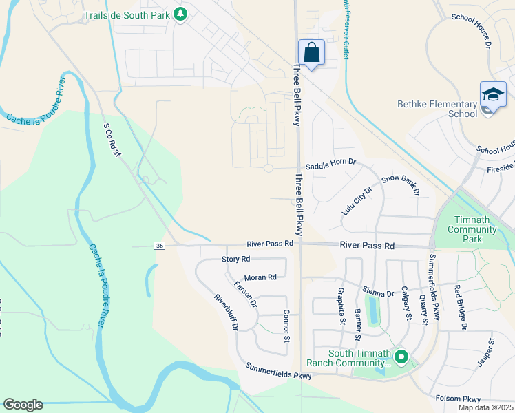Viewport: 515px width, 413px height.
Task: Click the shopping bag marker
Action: coord(312,52)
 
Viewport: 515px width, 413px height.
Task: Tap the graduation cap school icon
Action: coord(493,96)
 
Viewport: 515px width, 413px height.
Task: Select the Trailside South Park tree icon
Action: coord(180,14)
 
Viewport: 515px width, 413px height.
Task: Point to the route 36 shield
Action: coord(159,246)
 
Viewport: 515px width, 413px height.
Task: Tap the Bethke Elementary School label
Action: coord(437,109)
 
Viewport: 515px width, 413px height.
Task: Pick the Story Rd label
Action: coord(235,259)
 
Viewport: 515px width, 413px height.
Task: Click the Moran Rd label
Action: coord(260,277)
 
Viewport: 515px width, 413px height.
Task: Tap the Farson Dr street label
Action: coord(245,294)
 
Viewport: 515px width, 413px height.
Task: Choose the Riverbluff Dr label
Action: coord(226,313)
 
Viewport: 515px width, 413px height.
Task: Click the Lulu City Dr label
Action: coord(357,200)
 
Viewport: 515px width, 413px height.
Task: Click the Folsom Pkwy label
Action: coord(458,399)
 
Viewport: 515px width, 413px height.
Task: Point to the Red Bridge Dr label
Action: coord(461,306)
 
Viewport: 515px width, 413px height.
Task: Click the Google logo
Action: coord(23,405)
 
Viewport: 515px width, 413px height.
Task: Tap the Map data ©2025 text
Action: coord(485,407)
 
